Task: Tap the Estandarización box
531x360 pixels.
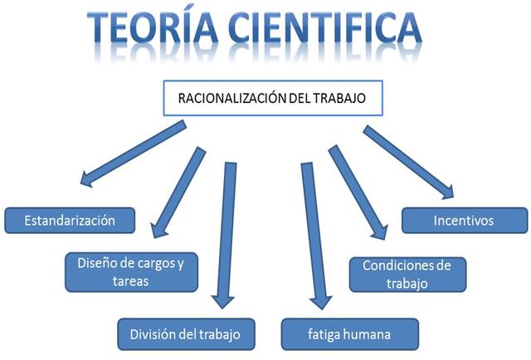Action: pos(70,220)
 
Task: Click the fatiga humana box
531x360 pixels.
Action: pos(347,334)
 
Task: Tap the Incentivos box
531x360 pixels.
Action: pos(464,221)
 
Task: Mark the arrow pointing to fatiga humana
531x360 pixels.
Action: pos(314,236)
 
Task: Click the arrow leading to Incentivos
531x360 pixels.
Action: pos(408,161)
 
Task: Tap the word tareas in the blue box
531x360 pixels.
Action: pos(131,281)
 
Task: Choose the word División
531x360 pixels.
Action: pos(152,334)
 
